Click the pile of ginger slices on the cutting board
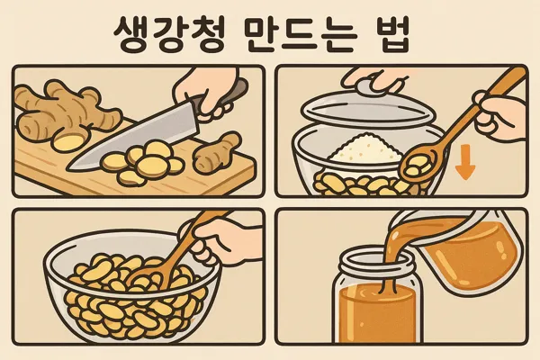(144, 162)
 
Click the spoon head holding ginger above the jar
(418, 164)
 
